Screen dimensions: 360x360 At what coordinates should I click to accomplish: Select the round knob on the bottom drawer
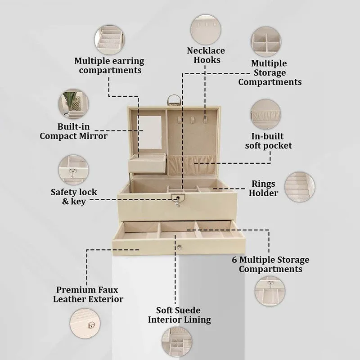pos(179,247)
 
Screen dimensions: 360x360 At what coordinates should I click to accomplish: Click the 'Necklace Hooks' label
pos(206,55)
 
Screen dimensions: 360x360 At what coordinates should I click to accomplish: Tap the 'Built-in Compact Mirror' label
pos(73,131)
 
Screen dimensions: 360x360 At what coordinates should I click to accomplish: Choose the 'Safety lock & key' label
pos(74,197)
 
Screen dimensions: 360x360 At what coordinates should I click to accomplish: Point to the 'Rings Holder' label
pos(263,188)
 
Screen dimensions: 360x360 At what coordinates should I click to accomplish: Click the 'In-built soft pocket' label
pos(268,141)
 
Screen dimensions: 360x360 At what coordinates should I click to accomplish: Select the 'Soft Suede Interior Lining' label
pos(179,315)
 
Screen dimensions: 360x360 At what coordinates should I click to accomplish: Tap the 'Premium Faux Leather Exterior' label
pos(88,294)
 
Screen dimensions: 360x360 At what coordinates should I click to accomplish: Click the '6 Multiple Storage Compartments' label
pos(270,264)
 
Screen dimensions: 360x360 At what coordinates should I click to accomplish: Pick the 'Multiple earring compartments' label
pos(109,65)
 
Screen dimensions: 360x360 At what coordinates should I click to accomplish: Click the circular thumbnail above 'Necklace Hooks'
pos(206,30)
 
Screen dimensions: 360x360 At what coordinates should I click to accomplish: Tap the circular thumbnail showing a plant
pos(73,104)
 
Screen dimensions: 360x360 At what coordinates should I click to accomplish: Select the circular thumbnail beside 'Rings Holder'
pos(300,187)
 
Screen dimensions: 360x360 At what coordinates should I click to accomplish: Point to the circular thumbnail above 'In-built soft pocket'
pos(265,114)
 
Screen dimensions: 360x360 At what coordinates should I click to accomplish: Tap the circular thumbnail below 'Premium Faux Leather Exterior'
pos(85,324)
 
